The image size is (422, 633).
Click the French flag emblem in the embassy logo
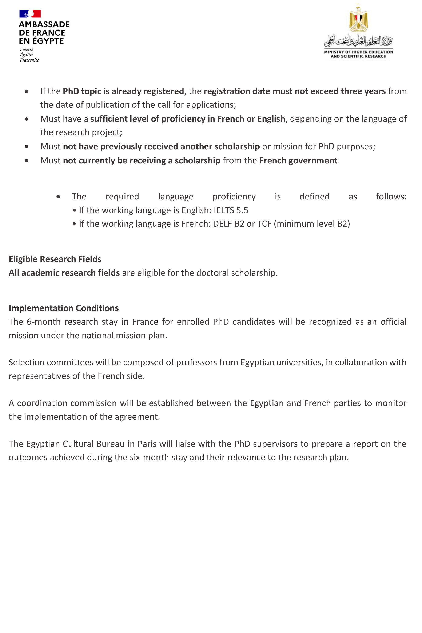point(30,14)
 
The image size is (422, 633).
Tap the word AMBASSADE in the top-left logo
point(44,24)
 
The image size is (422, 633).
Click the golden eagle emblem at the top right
point(358,18)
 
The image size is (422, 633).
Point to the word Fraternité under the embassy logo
point(29,60)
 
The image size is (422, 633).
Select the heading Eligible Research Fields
point(55,259)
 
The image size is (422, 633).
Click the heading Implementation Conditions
point(64,308)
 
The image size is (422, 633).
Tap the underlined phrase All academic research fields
point(64,273)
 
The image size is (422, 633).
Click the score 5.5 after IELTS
point(242,210)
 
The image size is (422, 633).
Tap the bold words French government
point(298,161)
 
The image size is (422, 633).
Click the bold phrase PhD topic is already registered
point(123,91)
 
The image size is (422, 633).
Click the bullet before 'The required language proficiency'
point(58,197)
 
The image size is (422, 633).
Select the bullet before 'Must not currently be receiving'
point(27,161)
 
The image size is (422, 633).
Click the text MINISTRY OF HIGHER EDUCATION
point(358,52)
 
